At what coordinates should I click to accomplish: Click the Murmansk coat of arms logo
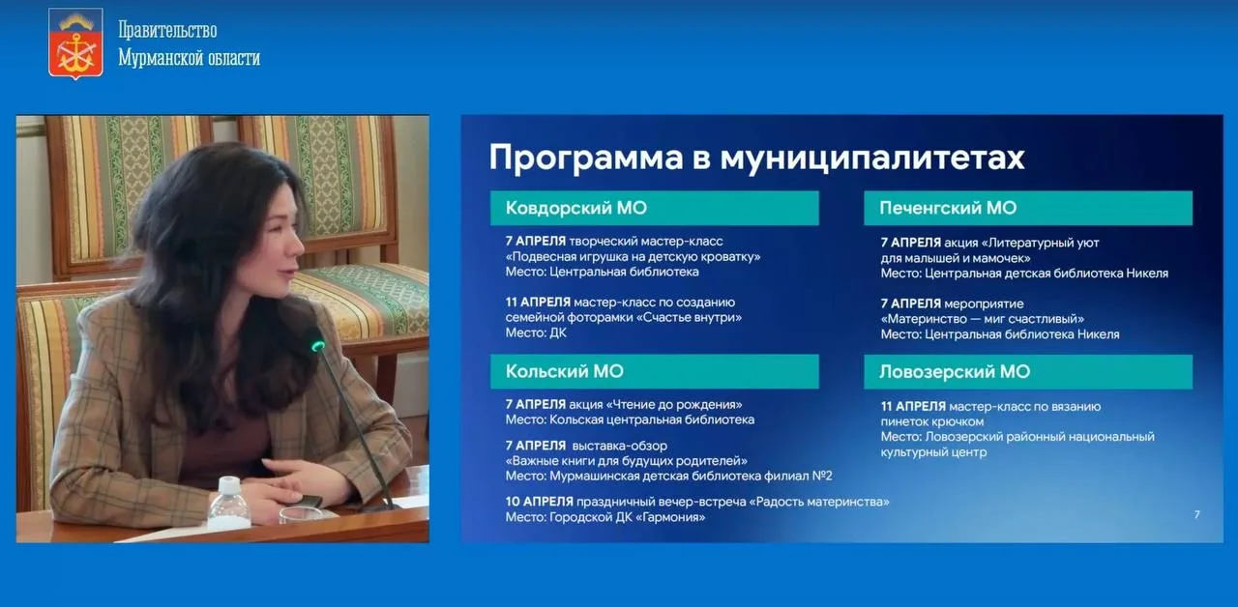[x=75, y=43]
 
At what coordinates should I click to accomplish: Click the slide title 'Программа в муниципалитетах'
[x=756, y=158]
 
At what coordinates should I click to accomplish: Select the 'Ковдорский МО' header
[x=655, y=208]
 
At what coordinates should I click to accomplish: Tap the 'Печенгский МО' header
[x=1028, y=208]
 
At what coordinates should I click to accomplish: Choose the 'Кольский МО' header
[x=655, y=372]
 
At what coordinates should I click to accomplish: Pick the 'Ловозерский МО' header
[x=1028, y=372]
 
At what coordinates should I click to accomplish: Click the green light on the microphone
[x=318, y=346]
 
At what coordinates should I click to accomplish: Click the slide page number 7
[x=1196, y=515]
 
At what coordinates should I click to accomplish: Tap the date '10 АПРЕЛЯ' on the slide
[x=540, y=502]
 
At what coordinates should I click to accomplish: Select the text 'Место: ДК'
[x=536, y=332]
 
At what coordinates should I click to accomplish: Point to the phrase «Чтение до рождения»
[x=674, y=404]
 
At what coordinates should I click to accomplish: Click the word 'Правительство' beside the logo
[x=167, y=30]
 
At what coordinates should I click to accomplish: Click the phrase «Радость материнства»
[x=819, y=502]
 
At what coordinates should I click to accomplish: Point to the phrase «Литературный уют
[x=1040, y=243]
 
